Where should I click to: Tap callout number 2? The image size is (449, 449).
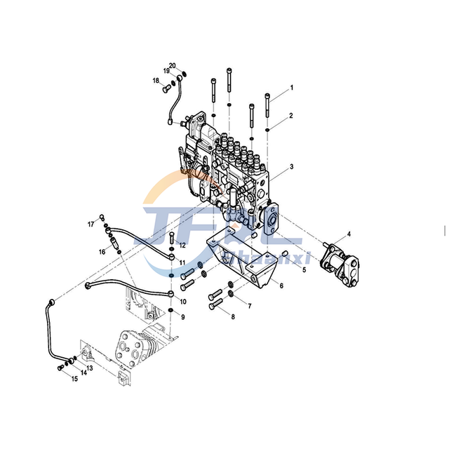click(x=292, y=115)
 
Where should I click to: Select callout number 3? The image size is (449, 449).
click(x=292, y=168)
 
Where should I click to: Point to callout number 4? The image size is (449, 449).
click(x=349, y=234)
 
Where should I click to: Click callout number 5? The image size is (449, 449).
click(x=304, y=269)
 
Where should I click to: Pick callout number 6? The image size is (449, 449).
click(x=281, y=286)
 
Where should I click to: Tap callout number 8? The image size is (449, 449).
click(x=234, y=316)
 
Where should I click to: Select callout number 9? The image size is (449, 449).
click(x=184, y=316)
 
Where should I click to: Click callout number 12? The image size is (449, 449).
click(x=182, y=245)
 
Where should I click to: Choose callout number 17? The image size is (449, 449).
click(x=91, y=224)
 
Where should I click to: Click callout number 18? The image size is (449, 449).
click(x=156, y=81)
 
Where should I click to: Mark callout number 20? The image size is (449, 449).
click(x=172, y=66)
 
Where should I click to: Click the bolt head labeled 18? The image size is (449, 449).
click(x=165, y=89)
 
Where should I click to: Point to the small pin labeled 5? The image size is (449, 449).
click(x=286, y=254)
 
